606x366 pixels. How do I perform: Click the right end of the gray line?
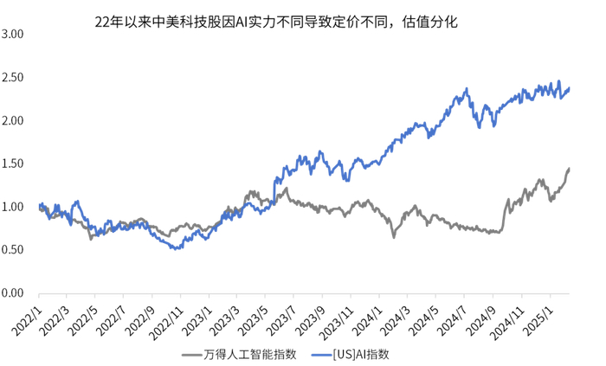pyautogui.click(x=569, y=169)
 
